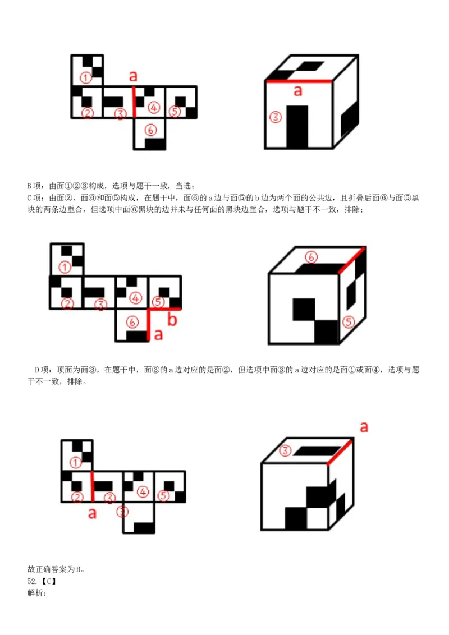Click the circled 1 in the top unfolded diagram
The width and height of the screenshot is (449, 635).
tap(85, 78)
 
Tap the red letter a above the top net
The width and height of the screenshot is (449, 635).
tap(133, 76)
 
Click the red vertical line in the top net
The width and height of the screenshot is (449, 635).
tap(134, 102)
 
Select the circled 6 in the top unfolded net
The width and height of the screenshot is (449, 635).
tap(150, 130)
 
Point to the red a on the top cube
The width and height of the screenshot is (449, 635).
tap(298, 91)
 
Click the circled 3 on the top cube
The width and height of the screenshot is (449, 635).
tap(275, 117)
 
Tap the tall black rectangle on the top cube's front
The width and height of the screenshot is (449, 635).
tap(297, 127)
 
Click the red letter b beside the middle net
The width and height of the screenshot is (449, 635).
tap(172, 320)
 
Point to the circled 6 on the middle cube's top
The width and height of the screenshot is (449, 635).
tap(311, 257)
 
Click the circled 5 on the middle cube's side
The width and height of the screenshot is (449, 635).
tap(349, 322)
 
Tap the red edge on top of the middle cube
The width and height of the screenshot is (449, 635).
tap(352, 259)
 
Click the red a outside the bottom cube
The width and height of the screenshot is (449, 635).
tap(364, 427)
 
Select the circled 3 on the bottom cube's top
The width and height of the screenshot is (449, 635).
tap(285, 450)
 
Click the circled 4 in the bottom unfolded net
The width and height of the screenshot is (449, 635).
tap(143, 492)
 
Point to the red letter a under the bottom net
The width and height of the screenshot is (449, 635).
tap(92, 513)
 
